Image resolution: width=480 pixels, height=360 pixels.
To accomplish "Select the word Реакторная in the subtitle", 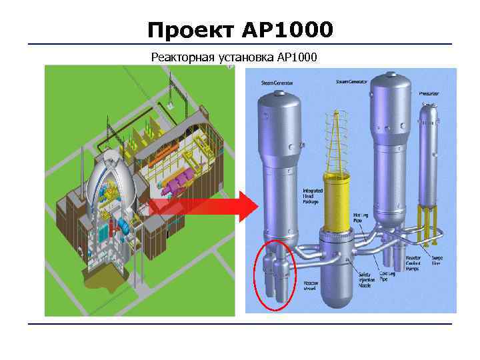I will pyautogui.click(x=182, y=57).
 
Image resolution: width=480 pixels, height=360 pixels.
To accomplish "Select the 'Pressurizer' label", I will pyautogui.click(x=429, y=94).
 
